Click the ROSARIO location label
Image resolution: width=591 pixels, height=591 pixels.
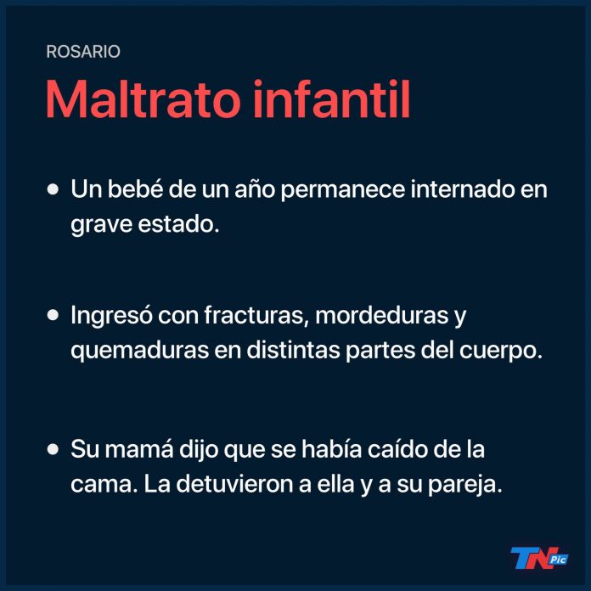click(83, 52)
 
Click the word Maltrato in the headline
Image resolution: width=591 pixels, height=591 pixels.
click(143, 99)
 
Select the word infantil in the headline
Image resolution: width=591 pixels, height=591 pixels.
click(331, 99)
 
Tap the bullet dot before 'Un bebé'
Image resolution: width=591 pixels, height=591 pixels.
click(53, 189)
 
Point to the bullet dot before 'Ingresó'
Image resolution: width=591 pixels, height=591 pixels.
click(53, 315)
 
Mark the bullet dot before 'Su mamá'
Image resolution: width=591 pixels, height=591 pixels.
click(53, 449)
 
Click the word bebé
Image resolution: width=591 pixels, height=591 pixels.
click(135, 189)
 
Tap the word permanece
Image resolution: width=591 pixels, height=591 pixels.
click(342, 191)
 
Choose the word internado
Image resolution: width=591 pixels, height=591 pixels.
click(463, 189)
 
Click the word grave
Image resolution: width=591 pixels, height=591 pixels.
click(101, 226)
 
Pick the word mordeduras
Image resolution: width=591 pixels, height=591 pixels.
click(382, 315)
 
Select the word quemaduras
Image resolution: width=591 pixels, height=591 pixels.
click(140, 352)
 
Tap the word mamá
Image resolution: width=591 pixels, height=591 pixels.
click(139, 448)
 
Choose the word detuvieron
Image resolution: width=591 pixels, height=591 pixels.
click(235, 484)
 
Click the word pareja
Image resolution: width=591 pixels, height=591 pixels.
click(465, 486)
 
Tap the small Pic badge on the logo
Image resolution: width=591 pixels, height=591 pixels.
click(558, 560)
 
